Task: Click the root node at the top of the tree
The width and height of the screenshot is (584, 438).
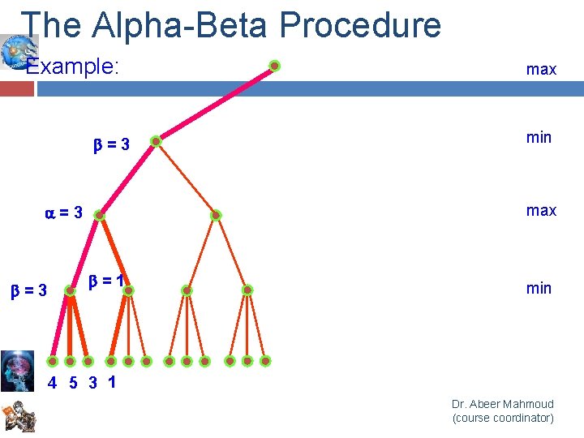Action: tap(275, 66)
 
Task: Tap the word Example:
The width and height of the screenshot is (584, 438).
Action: tap(73, 67)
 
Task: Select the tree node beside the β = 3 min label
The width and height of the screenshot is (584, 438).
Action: tap(156, 141)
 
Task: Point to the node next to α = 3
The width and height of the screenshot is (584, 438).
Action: tap(99, 216)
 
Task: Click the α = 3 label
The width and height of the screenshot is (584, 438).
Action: tap(63, 213)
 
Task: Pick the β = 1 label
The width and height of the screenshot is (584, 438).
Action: tap(105, 281)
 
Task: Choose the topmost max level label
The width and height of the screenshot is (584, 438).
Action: tap(541, 70)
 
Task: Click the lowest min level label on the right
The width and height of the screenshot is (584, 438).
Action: tap(539, 288)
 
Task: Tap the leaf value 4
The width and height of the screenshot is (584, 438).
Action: tap(53, 384)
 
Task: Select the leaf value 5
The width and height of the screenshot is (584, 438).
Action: tap(72, 384)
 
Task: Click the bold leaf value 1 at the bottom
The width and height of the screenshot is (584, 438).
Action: tap(110, 382)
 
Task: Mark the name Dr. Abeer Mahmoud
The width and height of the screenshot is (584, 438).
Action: tap(503, 404)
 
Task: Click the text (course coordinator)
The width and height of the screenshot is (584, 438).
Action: tap(503, 418)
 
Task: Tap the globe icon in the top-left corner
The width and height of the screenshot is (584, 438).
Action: tap(14, 50)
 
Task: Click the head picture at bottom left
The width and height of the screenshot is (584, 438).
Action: tap(17, 370)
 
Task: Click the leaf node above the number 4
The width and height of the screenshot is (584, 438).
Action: tap(52, 361)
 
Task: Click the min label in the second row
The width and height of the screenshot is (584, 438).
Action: tap(539, 137)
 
